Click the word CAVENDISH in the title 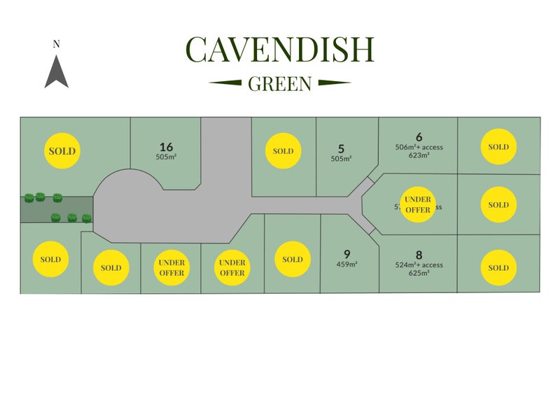point(280,50)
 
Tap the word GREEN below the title point(280,84)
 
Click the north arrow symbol point(57,71)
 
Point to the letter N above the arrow point(57,44)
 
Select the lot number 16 point(166,147)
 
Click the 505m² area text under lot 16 point(166,157)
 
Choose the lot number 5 point(341,148)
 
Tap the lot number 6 point(419,137)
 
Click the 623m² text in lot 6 point(419,156)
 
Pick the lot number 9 point(346,253)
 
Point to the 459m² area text point(346,264)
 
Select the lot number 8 point(419,255)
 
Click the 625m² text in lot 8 point(419,274)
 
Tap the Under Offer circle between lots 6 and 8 point(418,204)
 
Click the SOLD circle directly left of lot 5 point(283,151)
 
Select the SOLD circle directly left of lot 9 point(292,260)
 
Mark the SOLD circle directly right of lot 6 point(498,147)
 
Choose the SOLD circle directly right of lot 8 point(498,268)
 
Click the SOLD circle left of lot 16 point(62,150)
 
